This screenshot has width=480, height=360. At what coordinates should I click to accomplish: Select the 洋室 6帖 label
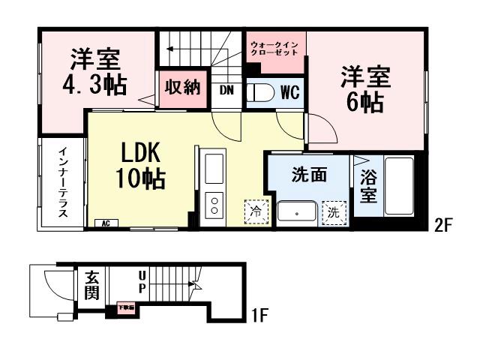[365, 88]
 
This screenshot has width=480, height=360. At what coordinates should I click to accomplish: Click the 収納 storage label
[182, 88]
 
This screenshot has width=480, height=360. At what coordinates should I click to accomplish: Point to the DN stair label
[226, 91]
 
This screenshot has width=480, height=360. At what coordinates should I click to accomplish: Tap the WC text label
[290, 92]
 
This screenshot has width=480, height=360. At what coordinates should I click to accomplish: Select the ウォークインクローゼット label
[275, 49]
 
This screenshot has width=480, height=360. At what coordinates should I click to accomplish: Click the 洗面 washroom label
[309, 175]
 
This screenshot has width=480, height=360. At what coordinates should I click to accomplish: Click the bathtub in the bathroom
[399, 186]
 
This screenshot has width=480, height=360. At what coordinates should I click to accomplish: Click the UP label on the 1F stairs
[140, 283]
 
